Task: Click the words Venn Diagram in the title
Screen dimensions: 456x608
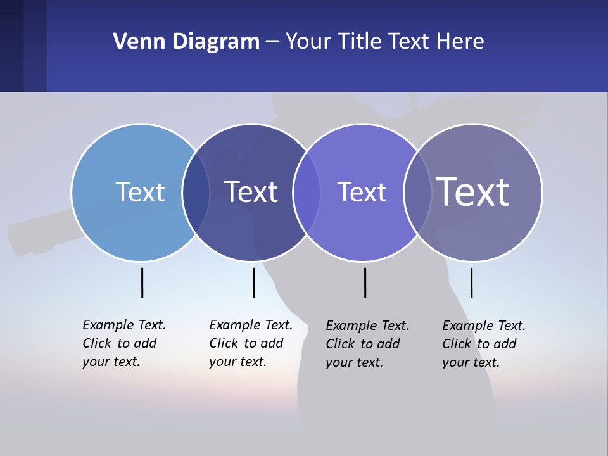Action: (186, 42)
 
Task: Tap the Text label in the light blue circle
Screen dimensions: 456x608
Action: (140, 192)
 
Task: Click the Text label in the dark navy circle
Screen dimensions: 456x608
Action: (251, 192)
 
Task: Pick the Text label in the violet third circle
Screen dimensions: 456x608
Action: (362, 192)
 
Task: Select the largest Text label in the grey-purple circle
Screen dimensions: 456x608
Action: (472, 192)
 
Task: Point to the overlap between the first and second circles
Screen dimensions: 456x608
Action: (196, 193)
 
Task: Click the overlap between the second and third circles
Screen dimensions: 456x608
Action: (307, 193)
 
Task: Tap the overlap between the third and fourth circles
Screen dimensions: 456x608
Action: (417, 193)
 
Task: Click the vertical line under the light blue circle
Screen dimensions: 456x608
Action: (142, 282)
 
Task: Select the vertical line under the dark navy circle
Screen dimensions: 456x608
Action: (253, 282)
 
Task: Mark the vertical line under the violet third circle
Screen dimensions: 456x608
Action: (365, 282)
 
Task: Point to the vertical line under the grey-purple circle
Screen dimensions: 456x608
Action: (471, 282)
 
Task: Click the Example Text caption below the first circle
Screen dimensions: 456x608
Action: (123, 343)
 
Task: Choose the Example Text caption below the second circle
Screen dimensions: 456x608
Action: (250, 343)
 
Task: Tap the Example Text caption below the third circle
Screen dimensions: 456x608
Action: (367, 344)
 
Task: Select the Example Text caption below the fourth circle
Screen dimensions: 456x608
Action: (483, 344)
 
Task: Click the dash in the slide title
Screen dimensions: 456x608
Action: (272, 42)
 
